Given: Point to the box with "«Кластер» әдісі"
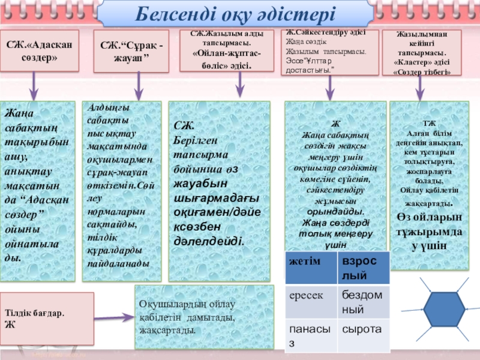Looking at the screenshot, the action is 422,52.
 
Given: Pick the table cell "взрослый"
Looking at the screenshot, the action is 364,268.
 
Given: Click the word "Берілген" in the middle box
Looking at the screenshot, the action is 191,139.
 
